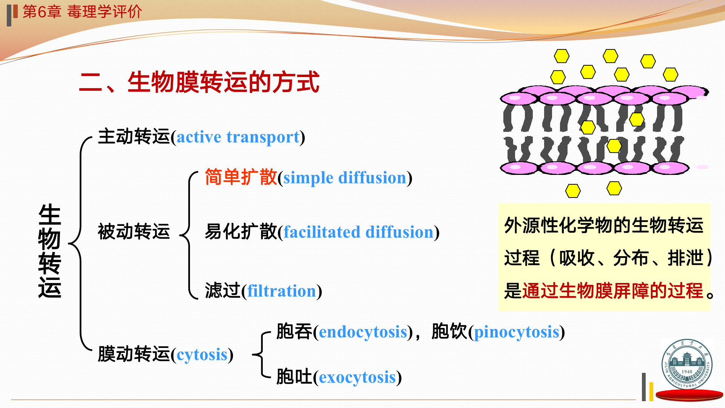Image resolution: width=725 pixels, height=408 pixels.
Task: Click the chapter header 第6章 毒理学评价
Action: tap(82, 12)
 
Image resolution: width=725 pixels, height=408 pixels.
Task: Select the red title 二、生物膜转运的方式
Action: tap(199, 82)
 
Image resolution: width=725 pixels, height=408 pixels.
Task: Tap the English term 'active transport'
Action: tap(238, 137)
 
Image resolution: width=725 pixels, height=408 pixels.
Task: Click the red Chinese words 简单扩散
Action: tap(241, 177)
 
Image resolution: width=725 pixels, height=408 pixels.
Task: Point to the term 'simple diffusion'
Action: tap(345, 178)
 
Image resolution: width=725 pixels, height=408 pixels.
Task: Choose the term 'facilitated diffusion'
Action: tap(358, 232)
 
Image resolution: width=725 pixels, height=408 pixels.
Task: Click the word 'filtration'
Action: tap(282, 291)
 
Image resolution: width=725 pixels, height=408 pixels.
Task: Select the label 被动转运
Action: tap(134, 231)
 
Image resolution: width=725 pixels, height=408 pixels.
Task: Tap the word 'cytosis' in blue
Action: tap(202, 355)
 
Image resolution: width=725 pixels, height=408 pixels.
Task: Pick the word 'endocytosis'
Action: tap(363, 332)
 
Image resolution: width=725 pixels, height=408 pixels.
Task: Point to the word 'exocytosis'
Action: tap(357, 377)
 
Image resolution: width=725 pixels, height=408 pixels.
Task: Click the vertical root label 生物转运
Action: tap(49, 251)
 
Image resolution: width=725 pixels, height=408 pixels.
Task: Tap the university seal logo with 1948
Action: tap(687, 364)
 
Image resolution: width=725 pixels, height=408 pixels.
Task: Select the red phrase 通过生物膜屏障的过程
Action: tap(612, 291)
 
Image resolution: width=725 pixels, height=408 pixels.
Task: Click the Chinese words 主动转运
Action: tap(134, 136)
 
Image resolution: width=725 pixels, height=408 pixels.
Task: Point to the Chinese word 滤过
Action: tap(223, 291)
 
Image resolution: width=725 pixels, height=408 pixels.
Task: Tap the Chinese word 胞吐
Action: tap(294, 377)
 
